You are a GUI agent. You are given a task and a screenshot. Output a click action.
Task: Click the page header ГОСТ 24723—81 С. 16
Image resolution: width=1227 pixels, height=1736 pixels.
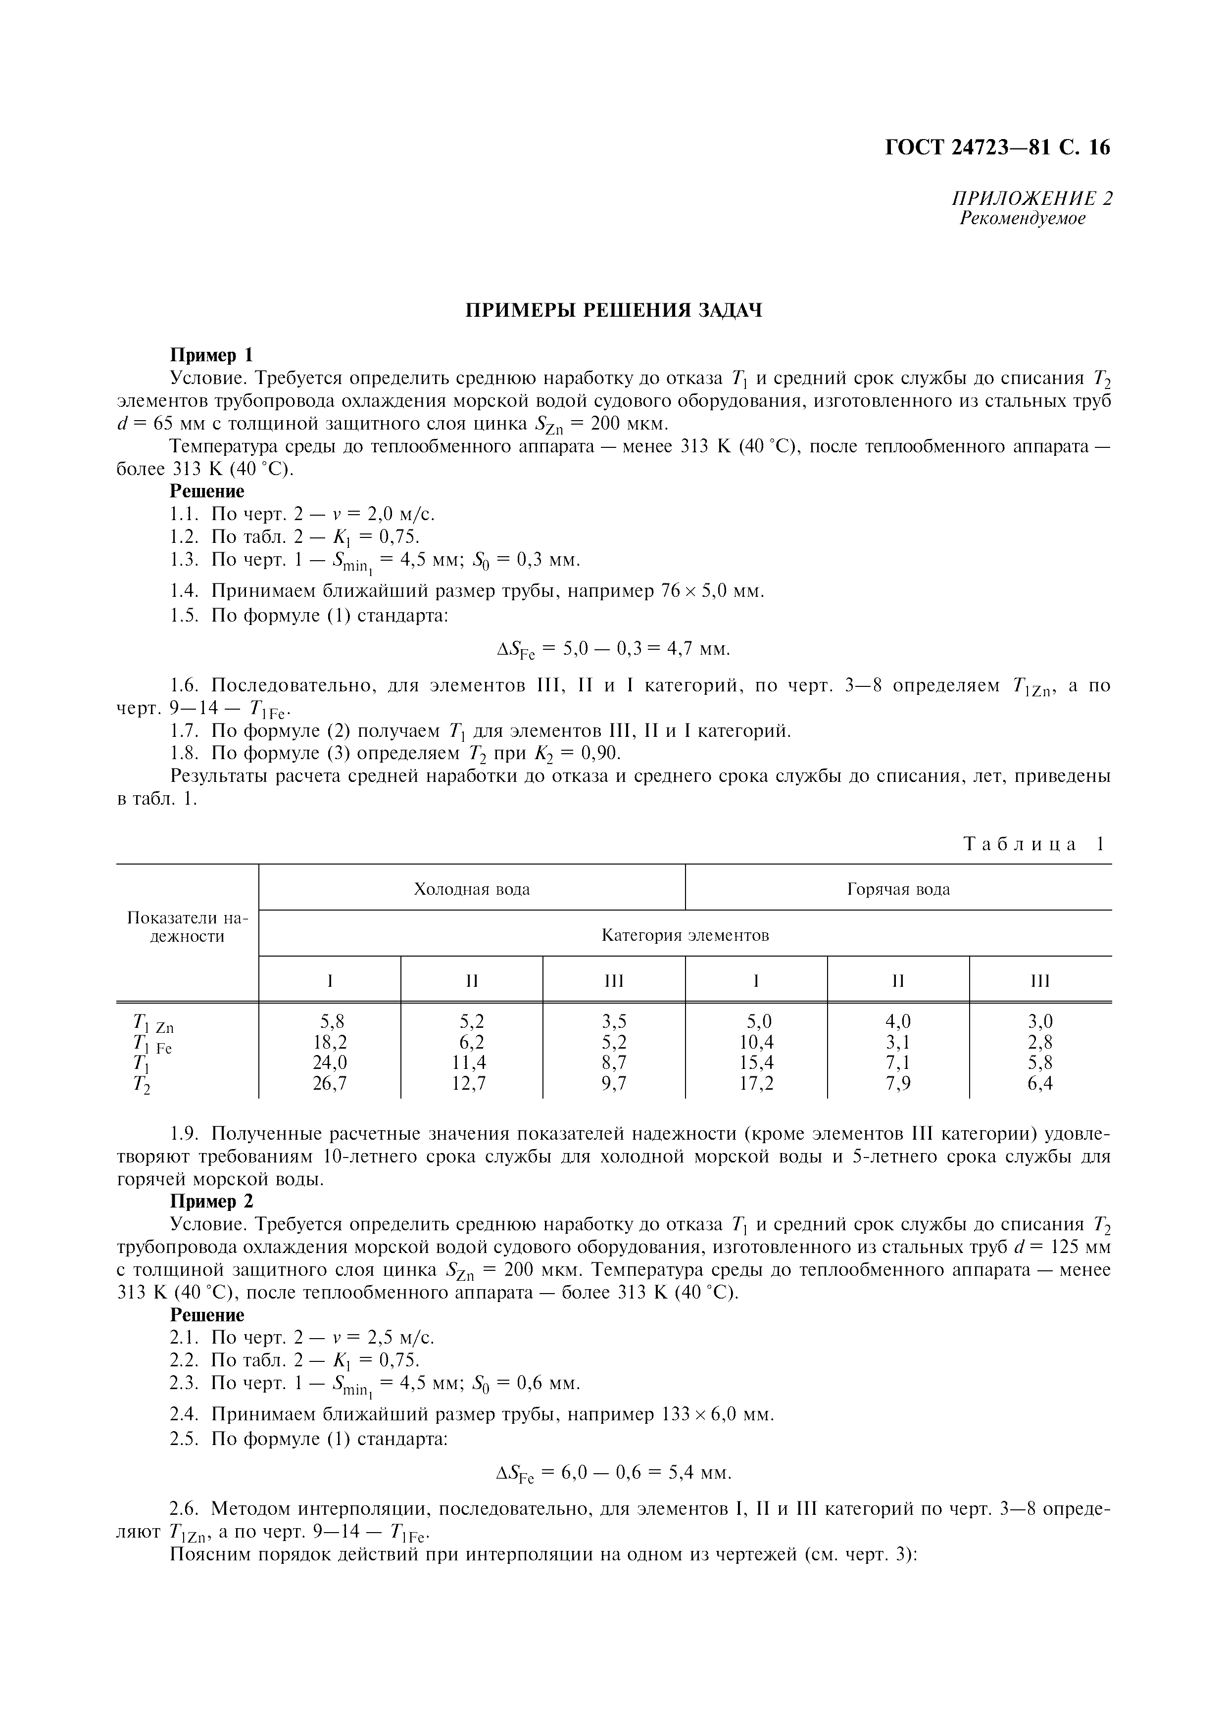coord(997,147)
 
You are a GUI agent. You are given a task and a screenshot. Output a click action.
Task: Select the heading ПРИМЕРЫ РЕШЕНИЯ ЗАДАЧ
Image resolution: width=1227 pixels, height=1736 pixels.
coord(613,311)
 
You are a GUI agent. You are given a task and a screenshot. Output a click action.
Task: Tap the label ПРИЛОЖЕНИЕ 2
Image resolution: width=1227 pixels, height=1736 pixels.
coord(1032,199)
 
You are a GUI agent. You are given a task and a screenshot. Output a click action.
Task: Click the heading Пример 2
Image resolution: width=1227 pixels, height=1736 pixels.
coord(212,1202)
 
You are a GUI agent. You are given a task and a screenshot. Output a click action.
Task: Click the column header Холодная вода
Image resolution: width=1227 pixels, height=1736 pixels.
coord(472,889)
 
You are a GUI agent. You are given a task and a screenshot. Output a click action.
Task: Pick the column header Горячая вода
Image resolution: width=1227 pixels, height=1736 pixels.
coord(898,889)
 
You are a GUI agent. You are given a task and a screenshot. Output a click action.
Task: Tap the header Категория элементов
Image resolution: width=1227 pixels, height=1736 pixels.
coord(685,935)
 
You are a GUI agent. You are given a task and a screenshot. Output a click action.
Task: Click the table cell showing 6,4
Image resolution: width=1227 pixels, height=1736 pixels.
coord(1040,1083)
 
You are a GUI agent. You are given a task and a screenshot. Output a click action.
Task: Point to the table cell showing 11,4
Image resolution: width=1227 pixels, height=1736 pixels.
coord(472,1063)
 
